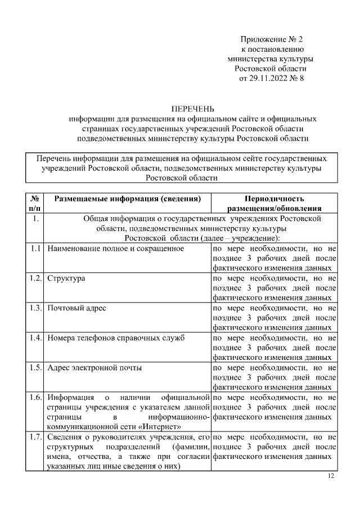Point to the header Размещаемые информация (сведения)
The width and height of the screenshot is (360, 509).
click(127, 199)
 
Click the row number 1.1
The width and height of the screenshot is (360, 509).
click(35, 248)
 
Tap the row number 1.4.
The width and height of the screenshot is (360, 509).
click(35, 337)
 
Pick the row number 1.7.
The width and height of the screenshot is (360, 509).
click(35, 436)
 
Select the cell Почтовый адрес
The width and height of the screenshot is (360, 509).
click(76, 308)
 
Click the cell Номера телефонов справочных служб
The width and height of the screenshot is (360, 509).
click(116, 337)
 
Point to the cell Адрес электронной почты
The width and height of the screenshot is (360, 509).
click(94, 367)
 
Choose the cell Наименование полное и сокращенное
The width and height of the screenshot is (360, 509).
click(116, 248)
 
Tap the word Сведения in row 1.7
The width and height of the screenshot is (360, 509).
click(65, 436)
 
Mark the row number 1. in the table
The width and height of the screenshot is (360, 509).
click(35, 219)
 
